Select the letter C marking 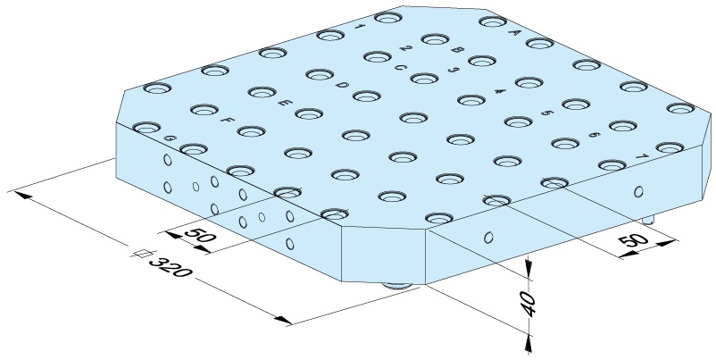click(400, 68)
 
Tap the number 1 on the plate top click(360, 28)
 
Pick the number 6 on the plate click(594, 135)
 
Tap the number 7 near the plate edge click(642, 156)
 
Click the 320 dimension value click(170, 267)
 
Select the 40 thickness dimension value click(529, 304)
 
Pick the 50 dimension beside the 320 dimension click(200, 235)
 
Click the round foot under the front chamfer click(397, 286)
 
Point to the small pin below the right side click(647, 221)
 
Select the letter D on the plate click(342, 85)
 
